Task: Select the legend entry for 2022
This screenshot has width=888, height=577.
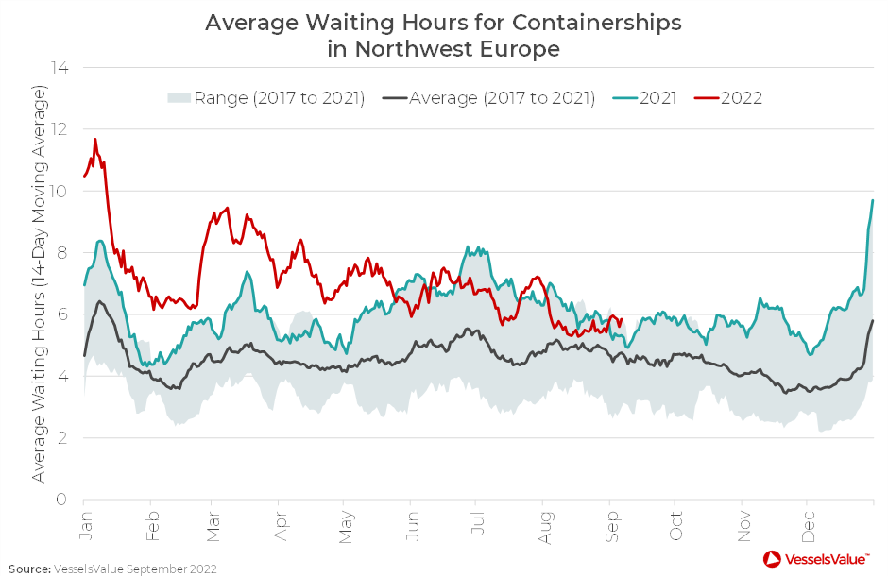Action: click(x=742, y=98)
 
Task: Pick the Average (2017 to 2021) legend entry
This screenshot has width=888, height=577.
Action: click(x=502, y=98)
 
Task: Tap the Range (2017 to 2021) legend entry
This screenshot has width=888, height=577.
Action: click(x=279, y=98)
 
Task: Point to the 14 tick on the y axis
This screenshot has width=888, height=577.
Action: click(x=62, y=68)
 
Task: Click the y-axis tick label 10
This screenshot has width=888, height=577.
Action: click(x=62, y=191)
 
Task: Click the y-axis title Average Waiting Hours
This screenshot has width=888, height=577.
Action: click(x=39, y=283)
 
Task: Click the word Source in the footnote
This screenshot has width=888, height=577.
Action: click(x=28, y=569)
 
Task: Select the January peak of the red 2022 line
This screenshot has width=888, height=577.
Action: click(x=95, y=140)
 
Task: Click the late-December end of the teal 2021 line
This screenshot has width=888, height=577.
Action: click(x=872, y=200)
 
